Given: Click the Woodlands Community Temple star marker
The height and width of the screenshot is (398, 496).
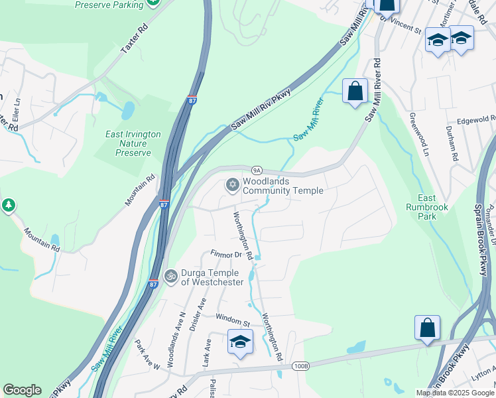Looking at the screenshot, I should (232, 184).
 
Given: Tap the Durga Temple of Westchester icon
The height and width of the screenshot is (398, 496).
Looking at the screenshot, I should (170, 275).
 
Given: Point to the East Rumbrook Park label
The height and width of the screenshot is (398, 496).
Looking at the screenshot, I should (428, 203).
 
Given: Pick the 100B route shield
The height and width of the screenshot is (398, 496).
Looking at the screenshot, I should (300, 365).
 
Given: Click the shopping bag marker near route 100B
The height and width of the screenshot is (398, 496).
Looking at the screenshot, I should (427, 328).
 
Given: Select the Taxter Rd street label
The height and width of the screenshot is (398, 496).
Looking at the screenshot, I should (134, 40).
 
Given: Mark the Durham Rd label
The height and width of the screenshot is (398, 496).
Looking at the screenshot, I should (452, 143).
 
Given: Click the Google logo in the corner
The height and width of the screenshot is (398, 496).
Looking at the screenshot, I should (22, 390).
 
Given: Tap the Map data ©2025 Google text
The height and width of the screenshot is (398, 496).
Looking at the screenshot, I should (454, 393).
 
